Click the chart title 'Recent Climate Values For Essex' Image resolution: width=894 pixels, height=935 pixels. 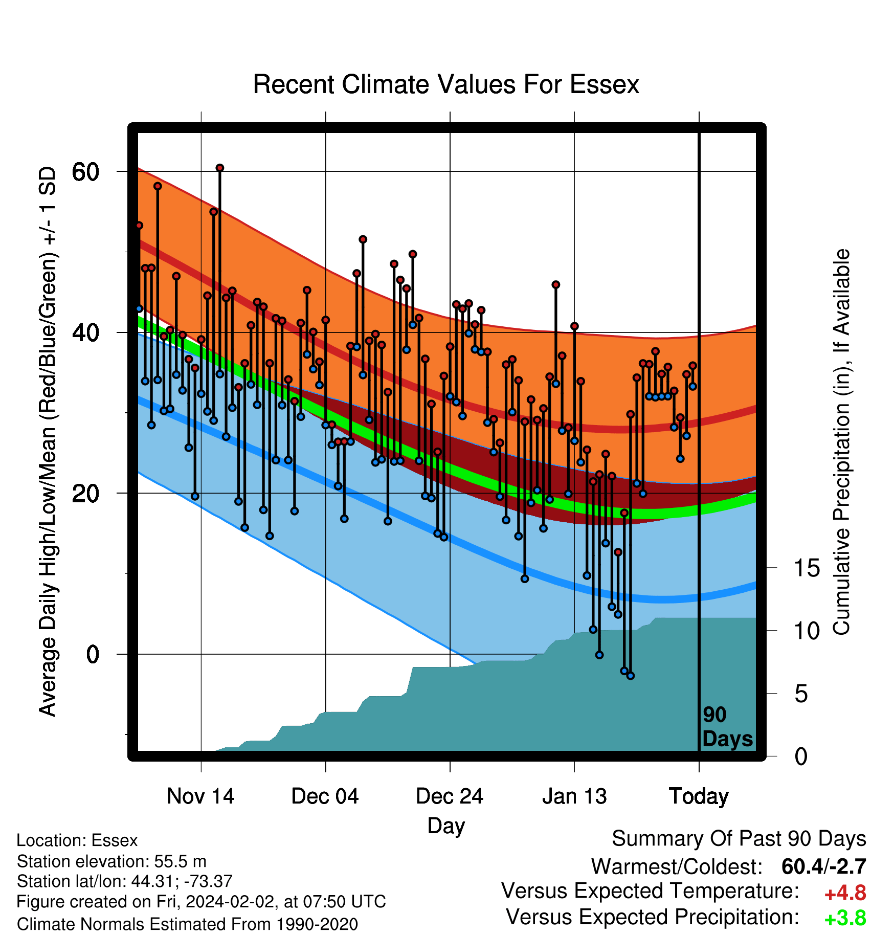[446, 84]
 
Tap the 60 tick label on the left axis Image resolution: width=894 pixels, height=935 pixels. [85, 172]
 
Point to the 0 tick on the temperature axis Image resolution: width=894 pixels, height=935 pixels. [93, 654]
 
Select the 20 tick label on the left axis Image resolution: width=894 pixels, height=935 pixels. [85, 494]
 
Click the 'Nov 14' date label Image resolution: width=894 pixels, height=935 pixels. [200, 796]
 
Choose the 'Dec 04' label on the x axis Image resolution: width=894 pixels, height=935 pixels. [325, 796]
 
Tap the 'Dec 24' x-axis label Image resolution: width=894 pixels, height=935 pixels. [450, 796]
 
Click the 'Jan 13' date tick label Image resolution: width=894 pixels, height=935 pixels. [574, 796]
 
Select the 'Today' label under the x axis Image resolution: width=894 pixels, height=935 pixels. [699, 796]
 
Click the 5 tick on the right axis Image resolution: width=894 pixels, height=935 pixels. [801, 694]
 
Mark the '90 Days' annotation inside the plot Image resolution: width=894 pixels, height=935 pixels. [727, 727]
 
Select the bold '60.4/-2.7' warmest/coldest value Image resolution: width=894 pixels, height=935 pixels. [824, 867]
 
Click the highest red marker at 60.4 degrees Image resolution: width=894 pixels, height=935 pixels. [220, 168]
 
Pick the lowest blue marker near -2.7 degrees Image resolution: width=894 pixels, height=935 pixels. [631, 676]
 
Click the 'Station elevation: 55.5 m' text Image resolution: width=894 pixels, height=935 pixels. [111, 861]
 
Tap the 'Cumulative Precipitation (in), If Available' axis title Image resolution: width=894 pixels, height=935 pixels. [841, 442]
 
